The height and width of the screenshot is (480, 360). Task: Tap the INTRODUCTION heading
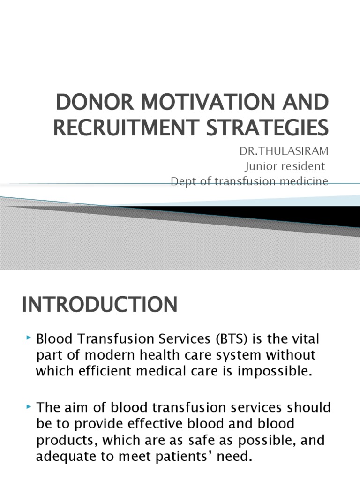99,305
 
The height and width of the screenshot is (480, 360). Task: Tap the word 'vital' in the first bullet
311,338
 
